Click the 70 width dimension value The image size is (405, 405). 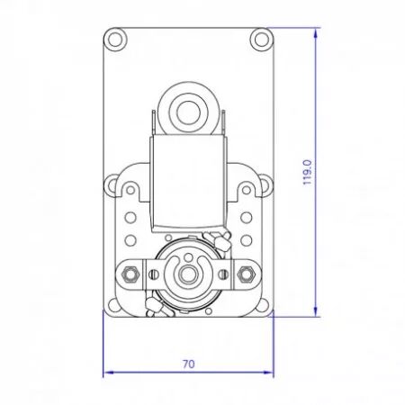[x=189, y=364]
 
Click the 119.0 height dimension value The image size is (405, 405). [x=308, y=172]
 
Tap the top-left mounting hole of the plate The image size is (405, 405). [x=114, y=39]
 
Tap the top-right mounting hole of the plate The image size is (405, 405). [x=261, y=39]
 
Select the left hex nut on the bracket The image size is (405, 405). [x=130, y=274]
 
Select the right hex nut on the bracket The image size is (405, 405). [x=246, y=274]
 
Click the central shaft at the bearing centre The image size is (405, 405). [x=188, y=274]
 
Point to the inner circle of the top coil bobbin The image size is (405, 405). [x=188, y=112]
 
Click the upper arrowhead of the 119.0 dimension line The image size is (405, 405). [x=315, y=32]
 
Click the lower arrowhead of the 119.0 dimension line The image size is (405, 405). [x=315, y=312]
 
